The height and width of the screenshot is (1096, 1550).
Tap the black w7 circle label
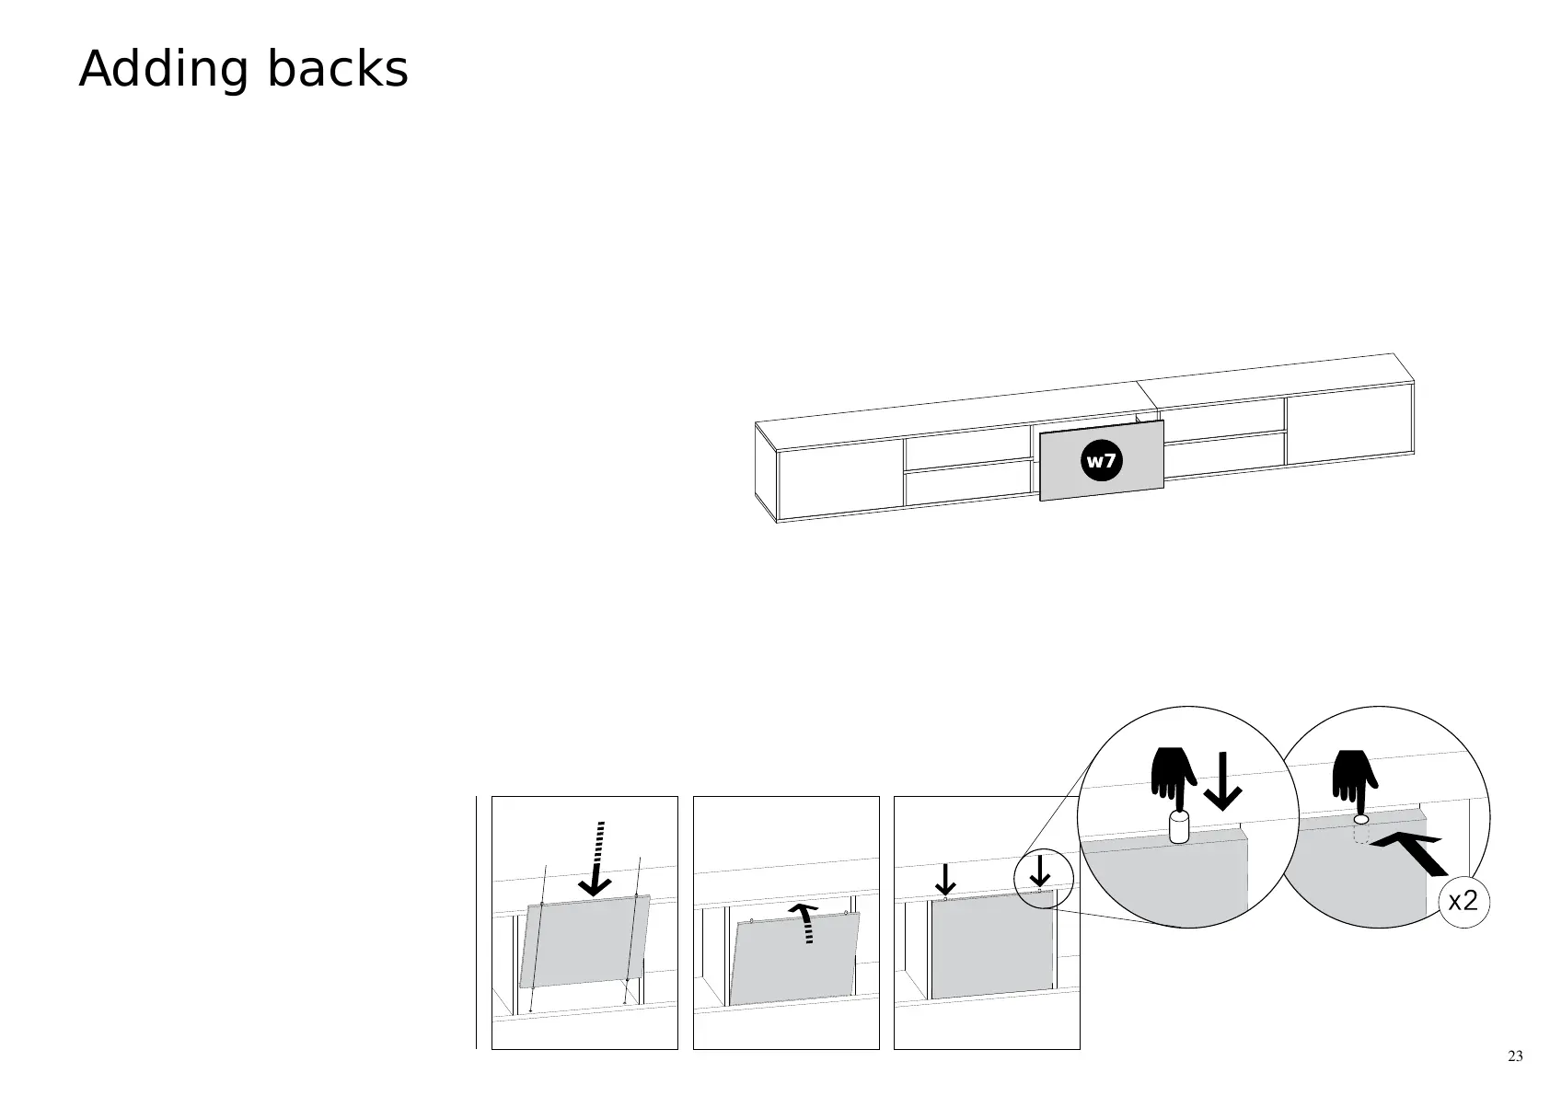pyautogui.click(x=1101, y=460)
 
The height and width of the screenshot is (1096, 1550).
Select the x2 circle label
pyautogui.click(x=1463, y=901)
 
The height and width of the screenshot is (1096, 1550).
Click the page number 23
pyautogui.click(x=1515, y=1056)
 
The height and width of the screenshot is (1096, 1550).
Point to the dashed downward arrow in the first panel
pyautogui.click(x=597, y=859)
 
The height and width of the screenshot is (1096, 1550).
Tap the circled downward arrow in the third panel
pyautogui.click(x=1040, y=871)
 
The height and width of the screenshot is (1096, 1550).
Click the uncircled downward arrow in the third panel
pyautogui.click(x=945, y=880)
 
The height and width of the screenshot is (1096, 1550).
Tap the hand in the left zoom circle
pyautogui.click(x=1172, y=776)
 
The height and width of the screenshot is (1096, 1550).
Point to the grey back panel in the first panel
pyautogui.click(x=584, y=942)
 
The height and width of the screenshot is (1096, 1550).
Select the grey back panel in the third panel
pyautogui.click(x=992, y=946)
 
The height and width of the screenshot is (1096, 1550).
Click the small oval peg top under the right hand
pyautogui.click(x=1361, y=819)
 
